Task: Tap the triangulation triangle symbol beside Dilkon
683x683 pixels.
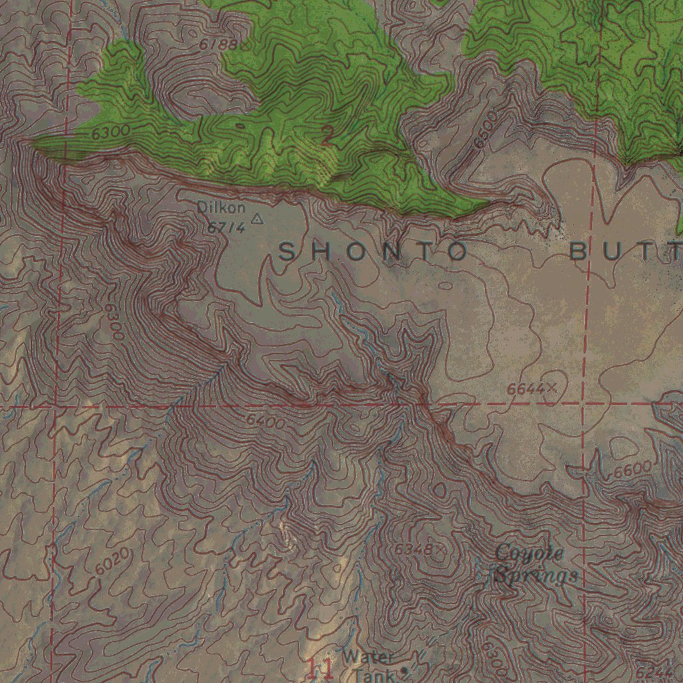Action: (257, 218)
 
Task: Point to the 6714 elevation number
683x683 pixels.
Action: (225, 227)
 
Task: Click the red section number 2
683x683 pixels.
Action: (327, 135)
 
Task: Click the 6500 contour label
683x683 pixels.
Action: (485, 129)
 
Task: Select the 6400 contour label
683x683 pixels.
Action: (265, 422)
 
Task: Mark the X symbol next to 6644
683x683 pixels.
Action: (552, 386)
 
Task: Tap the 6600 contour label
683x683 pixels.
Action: (632, 470)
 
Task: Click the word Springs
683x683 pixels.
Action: (535, 575)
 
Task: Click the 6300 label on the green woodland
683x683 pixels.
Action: (110, 133)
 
